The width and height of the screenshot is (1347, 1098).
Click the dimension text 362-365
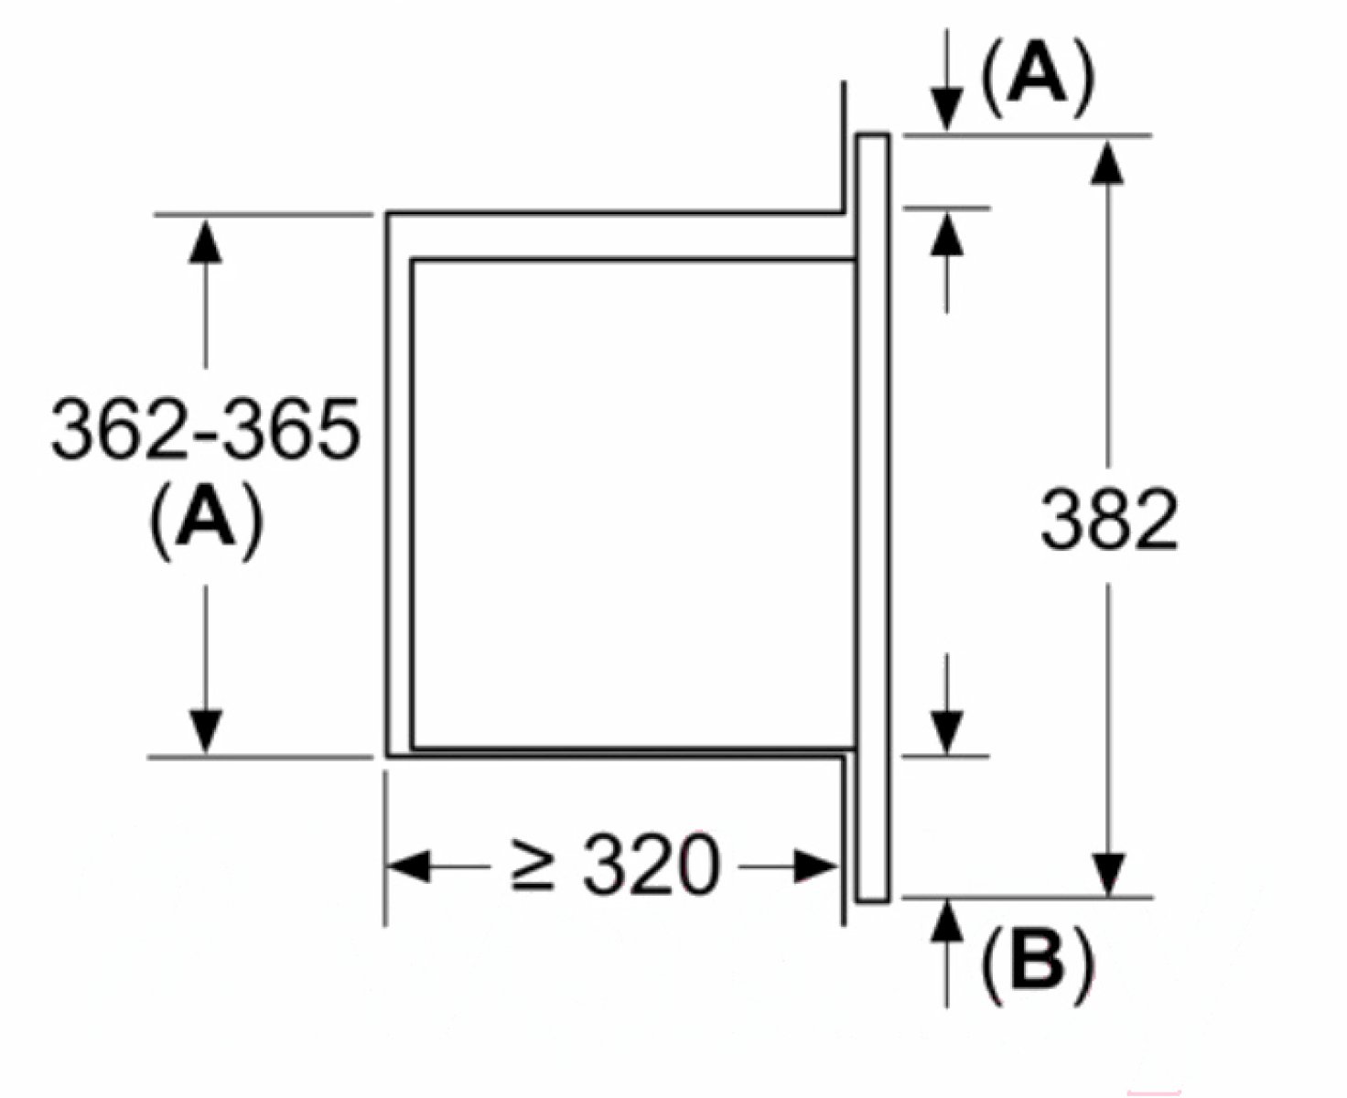(x=205, y=428)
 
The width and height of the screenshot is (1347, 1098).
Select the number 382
(x=1108, y=519)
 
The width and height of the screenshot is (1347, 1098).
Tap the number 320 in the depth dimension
(x=652, y=866)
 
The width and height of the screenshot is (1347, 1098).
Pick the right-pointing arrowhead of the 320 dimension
(x=814, y=866)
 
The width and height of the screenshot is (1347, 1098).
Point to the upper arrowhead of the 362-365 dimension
(x=206, y=240)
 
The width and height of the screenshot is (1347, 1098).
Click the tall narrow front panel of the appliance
(x=872, y=518)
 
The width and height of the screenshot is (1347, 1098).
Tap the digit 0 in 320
(x=695, y=866)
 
